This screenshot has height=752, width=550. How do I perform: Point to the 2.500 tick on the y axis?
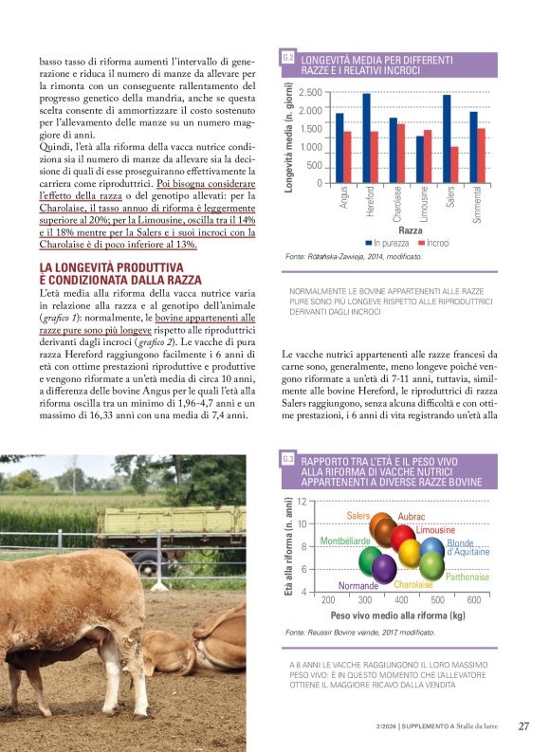310,92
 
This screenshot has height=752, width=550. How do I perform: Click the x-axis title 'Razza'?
411,230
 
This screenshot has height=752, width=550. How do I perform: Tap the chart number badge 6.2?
288,59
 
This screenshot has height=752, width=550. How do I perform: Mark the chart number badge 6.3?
288,459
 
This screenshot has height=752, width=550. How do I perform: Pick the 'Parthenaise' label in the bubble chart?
467,577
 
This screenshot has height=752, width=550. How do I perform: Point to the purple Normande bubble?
384,568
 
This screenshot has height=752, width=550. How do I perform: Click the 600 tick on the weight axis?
474,600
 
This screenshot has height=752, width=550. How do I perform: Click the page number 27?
523,726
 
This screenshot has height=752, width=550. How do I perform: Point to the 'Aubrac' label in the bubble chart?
412,517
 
